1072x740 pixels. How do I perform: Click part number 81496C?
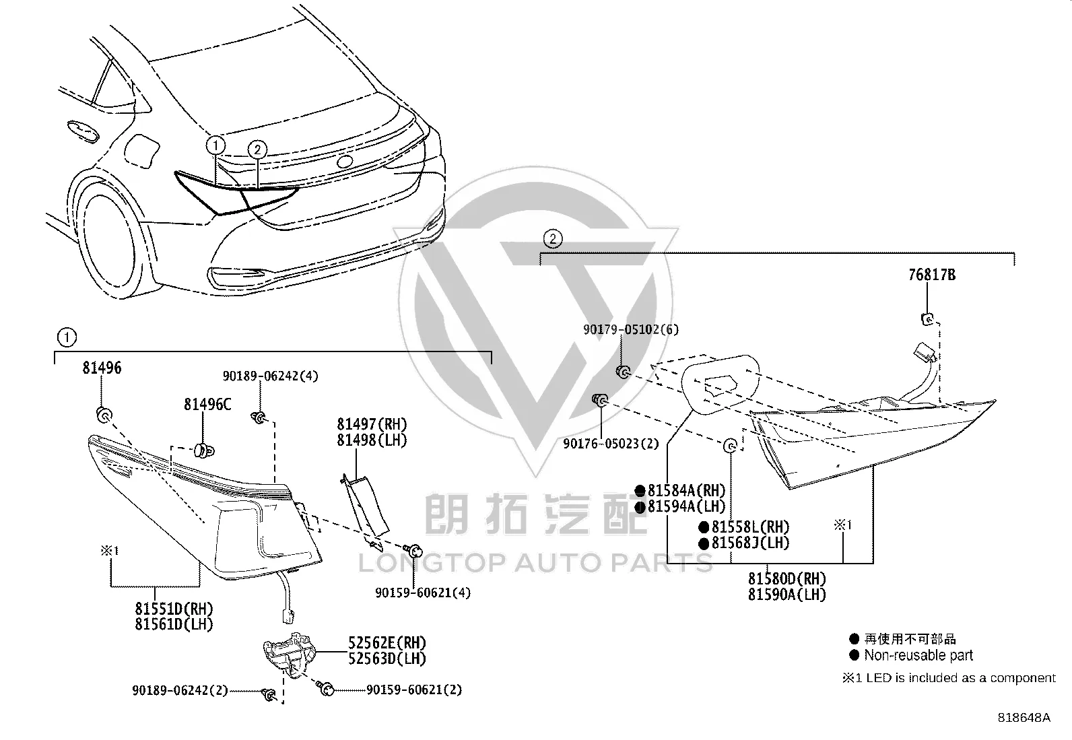tap(207, 405)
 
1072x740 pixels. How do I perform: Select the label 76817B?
tap(932, 275)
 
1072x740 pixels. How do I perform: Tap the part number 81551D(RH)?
tap(174, 609)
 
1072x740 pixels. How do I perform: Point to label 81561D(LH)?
tap(174, 624)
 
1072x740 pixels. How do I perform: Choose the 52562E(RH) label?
tap(387, 642)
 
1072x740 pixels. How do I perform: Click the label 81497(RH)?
tap(372, 424)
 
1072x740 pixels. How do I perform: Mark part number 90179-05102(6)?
tap(631, 329)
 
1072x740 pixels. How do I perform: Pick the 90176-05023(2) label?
tap(611, 444)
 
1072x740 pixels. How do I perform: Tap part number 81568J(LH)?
tap(750, 543)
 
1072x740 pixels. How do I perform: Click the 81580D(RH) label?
tap(787, 578)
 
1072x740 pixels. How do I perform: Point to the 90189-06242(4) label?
tap(271, 376)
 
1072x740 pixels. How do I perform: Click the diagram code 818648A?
tap(1024, 718)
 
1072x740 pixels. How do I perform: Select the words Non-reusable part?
tap(918, 655)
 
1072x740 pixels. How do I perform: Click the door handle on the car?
tap(82, 131)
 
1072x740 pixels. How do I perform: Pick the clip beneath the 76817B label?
tap(927, 318)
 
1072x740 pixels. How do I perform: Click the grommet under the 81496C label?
tap(204, 450)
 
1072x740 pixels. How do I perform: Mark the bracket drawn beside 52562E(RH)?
tap(290, 654)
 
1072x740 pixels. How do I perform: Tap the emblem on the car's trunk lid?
tap(345, 162)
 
